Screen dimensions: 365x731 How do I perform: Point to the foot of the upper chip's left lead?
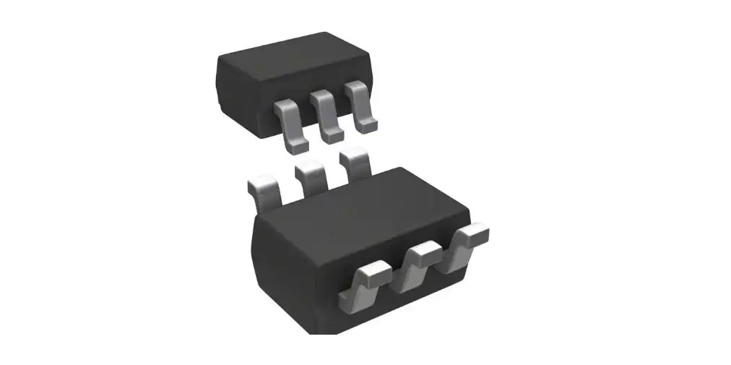295,147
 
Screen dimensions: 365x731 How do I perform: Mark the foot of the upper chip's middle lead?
332,135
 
